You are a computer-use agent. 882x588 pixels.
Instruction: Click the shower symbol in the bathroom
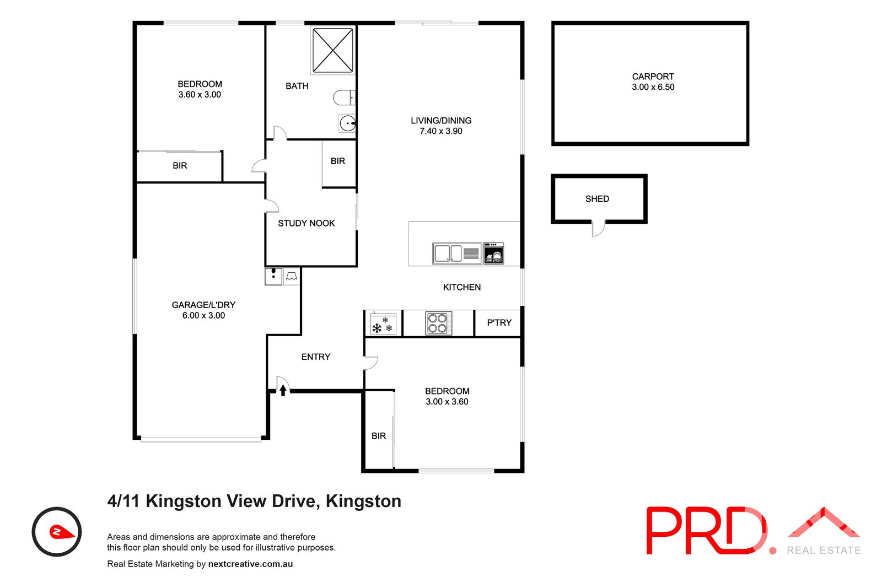point(333,50)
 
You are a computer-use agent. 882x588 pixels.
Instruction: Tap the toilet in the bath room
point(344,98)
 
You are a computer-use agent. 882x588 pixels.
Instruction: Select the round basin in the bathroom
point(347,123)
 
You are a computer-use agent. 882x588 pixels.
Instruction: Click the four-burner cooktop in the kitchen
point(438,323)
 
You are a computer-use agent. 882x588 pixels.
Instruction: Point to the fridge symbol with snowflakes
point(383,325)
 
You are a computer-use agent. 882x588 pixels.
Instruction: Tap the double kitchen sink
point(448,253)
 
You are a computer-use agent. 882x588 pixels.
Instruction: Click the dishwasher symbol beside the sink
point(493,253)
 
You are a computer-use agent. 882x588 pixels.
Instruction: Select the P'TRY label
point(499,322)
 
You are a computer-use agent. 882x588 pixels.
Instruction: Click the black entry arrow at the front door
point(283,390)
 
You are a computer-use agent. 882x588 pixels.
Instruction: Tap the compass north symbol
point(57,532)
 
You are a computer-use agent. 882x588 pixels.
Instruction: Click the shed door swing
point(598,228)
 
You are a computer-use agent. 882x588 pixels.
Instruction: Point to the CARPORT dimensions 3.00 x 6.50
point(653,87)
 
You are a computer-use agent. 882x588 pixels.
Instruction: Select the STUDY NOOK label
point(306,223)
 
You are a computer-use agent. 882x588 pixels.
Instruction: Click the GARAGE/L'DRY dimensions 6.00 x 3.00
point(203,315)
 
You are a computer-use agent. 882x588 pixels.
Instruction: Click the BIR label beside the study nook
point(338,161)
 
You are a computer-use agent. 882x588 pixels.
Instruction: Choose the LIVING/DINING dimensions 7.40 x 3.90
point(440,131)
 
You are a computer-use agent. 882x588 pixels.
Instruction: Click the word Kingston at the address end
point(363,501)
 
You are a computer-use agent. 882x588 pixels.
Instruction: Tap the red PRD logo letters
point(706,530)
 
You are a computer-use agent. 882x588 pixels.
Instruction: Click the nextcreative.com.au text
point(250,564)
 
